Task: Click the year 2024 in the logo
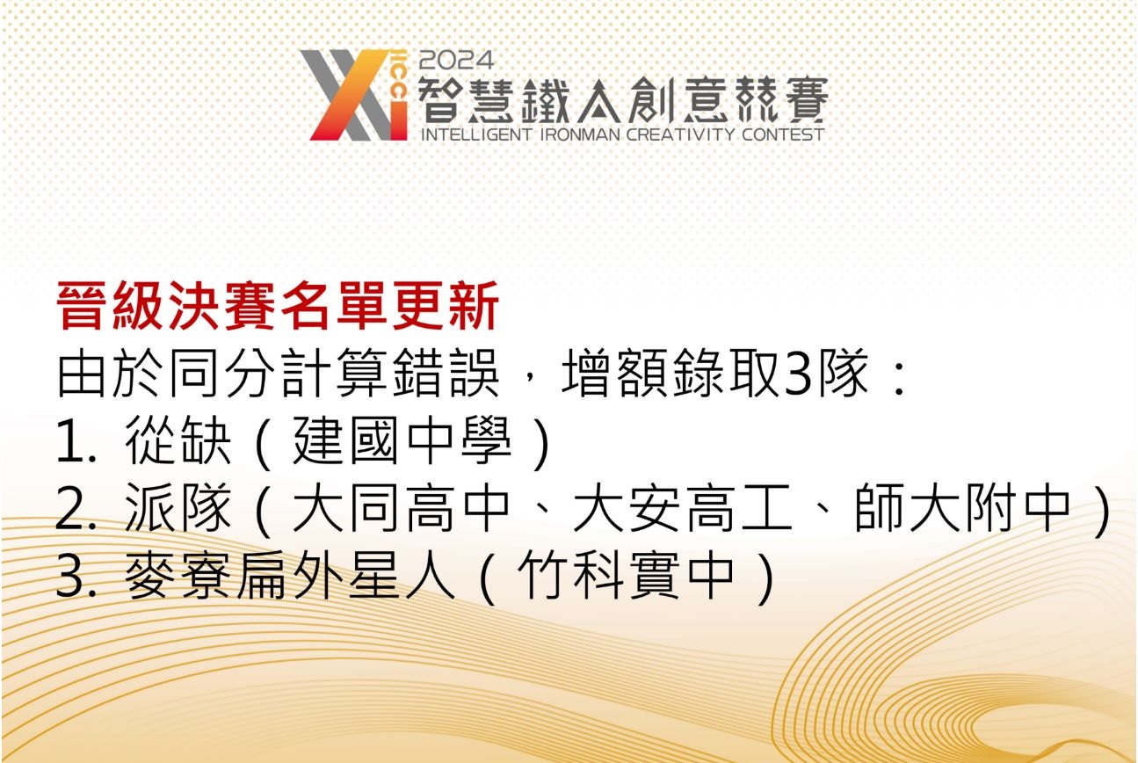(457, 61)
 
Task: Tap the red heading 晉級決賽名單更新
(279, 307)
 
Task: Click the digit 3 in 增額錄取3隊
(794, 378)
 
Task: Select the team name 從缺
(179, 445)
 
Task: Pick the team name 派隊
(179, 511)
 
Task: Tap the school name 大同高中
(402, 511)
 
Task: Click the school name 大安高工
(682, 511)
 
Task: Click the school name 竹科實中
(626, 578)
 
